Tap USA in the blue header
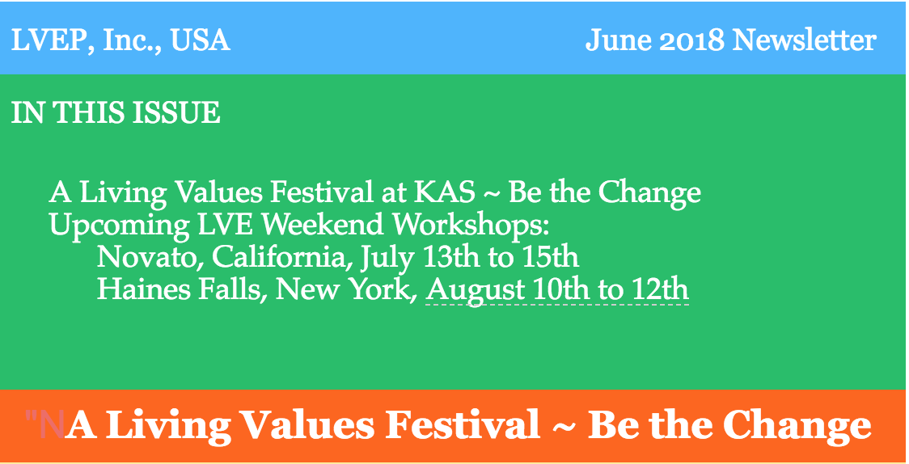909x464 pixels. pos(200,40)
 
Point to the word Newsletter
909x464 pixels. pos(804,40)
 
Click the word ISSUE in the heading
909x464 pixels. pos(176,112)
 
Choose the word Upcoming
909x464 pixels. pos(120,226)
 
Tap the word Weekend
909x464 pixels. pos(322,224)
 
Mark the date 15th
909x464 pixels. pos(551,256)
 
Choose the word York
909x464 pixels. pos(384,289)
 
